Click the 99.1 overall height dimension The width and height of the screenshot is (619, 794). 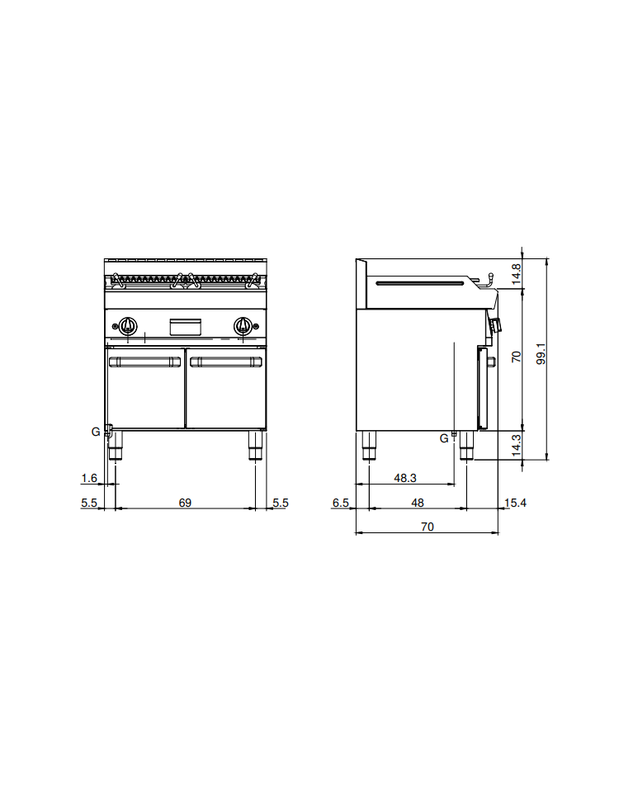[541, 354]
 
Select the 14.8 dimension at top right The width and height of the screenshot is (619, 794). [516, 274]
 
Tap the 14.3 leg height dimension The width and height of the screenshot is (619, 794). [516, 445]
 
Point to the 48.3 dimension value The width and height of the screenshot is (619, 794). [405, 478]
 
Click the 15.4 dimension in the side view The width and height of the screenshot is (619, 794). [516, 503]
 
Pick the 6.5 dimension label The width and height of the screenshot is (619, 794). [340, 503]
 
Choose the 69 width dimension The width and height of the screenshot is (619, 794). [185, 503]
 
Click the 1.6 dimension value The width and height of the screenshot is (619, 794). [89, 478]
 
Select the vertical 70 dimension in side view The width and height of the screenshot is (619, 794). [516, 357]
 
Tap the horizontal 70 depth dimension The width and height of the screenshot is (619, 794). [428, 527]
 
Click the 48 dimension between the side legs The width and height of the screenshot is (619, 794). [418, 503]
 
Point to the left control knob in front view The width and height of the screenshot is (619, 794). [128, 325]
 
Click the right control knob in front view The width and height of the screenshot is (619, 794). [243, 325]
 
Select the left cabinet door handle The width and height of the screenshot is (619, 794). [145, 362]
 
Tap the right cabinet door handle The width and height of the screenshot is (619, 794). [226, 362]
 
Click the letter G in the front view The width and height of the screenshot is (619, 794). [96, 432]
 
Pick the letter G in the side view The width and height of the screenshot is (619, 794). [444, 438]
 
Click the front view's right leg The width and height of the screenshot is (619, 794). [255, 446]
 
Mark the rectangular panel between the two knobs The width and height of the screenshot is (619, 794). [185, 327]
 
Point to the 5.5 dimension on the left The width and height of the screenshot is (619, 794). [89, 503]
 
